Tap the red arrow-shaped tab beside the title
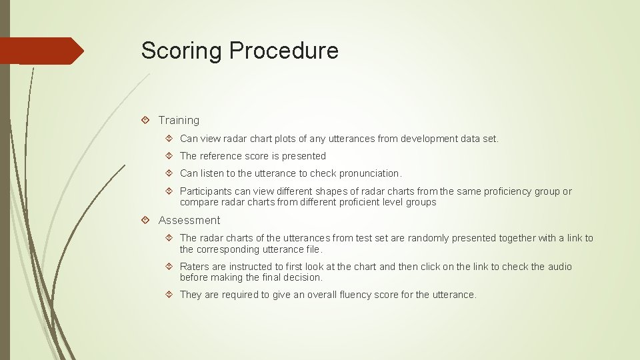click(x=40, y=51)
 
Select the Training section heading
click(x=179, y=120)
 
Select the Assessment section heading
click(x=189, y=220)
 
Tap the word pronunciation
click(x=367, y=173)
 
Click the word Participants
click(x=206, y=191)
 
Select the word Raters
click(x=194, y=267)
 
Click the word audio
click(x=559, y=267)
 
